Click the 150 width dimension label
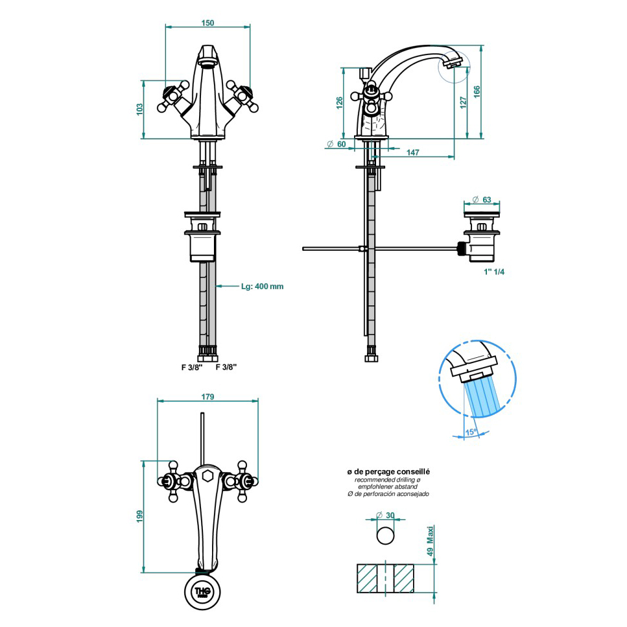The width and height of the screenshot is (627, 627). [207, 23]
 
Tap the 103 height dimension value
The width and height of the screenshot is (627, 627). [139, 109]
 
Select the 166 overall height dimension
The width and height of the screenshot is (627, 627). [477, 91]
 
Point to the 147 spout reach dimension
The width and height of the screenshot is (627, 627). [412, 152]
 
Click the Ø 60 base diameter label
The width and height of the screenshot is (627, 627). [337, 144]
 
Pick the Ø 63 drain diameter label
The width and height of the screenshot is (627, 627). [482, 200]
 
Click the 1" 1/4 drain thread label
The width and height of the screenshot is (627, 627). [494, 272]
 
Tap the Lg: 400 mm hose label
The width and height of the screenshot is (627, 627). [263, 287]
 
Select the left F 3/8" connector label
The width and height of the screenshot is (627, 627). [193, 367]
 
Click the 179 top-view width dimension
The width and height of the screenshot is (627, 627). [207, 397]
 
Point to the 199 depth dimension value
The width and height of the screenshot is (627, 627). [139, 516]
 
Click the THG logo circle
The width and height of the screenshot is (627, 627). [202, 591]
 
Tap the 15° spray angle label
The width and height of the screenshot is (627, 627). [471, 432]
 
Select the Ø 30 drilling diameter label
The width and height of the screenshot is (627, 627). [385, 515]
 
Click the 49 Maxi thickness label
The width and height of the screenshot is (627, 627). [431, 541]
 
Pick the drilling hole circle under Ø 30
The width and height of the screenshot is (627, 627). [386, 536]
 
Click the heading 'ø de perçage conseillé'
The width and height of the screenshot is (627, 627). [388, 472]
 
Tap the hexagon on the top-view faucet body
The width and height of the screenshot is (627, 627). [207, 476]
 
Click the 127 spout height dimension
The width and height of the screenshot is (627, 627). [464, 102]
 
